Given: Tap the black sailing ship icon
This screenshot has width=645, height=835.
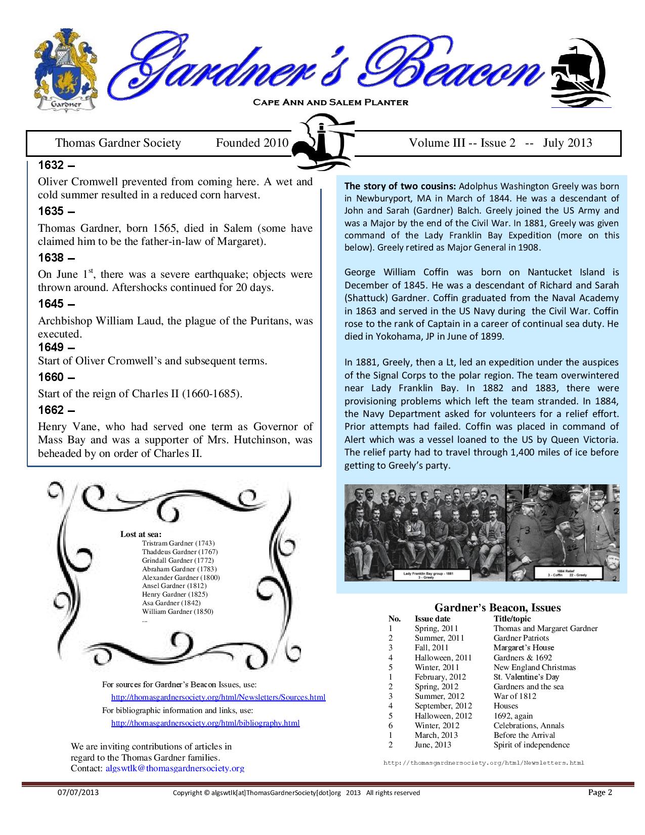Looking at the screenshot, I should pyautogui.click(x=580, y=72).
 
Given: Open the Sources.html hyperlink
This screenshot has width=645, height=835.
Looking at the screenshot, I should pyautogui.click(x=218, y=697).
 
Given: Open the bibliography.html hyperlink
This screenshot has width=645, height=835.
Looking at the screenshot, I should pyautogui.click(x=205, y=723).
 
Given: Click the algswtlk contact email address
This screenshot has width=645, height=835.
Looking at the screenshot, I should pyautogui.click(x=175, y=768).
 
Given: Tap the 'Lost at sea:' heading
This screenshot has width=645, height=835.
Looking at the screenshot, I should pyautogui.click(x=141, y=534).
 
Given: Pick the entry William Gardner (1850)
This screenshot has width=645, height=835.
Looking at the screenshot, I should pyautogui.click(x=178, y=611).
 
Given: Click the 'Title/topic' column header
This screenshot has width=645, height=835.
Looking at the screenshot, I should pyautogui.click(x=512, y=618).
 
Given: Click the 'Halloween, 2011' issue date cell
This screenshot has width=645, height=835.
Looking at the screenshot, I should pyautogui.click(x=443, y=657).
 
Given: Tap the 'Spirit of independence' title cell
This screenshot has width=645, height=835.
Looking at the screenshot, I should pyautogui.click(x=531, y=744).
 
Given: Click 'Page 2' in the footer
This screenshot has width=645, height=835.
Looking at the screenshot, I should pyautogui.click(x=600, y=792).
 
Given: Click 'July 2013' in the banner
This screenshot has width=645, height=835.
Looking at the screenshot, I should pyautogui.click(x=567, y=143).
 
